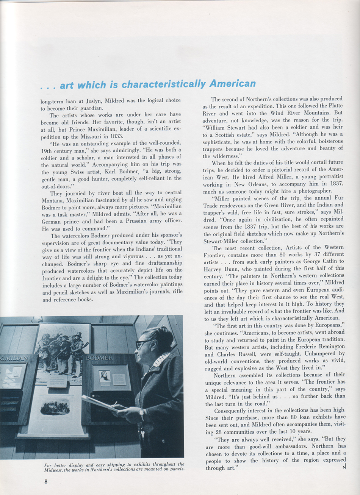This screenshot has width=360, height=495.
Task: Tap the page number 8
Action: tap(45, 481)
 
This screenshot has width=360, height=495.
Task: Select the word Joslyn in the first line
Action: tap(97, 100)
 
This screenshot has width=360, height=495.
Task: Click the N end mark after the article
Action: tap(344, 467)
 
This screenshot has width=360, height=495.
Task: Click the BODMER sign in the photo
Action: tap(99, 358)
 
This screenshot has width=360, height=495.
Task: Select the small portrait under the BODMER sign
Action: tap(104, 376)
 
